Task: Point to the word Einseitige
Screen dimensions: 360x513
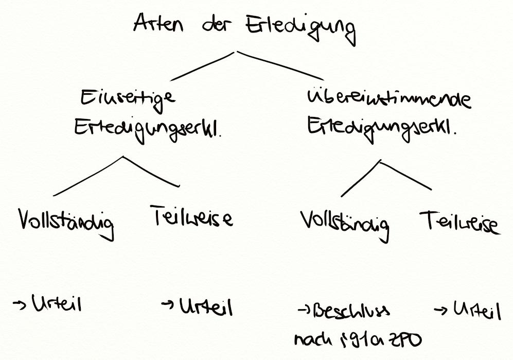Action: click(128, 98)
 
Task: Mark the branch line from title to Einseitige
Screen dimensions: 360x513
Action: click(203, 66)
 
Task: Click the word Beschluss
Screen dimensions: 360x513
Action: click(351, 311)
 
